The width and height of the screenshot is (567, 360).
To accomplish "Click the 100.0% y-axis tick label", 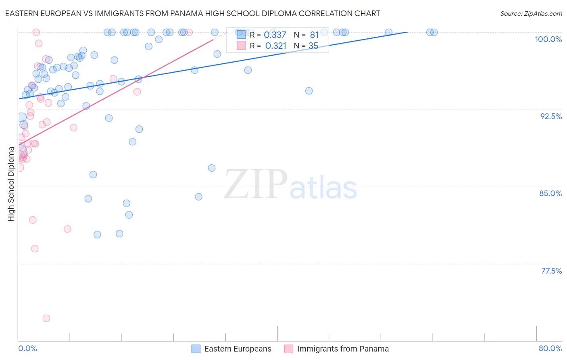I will (548, 39).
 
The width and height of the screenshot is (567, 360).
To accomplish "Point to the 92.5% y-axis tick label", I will (551, 116).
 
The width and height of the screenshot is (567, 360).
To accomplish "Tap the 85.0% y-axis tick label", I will (550, 193).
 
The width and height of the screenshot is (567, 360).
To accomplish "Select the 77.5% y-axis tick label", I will (551, 271).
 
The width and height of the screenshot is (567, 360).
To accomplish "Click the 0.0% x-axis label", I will (27, 348).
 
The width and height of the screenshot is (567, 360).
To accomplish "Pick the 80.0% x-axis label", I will (550, 348).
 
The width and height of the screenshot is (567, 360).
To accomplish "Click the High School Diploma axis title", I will (11, 184).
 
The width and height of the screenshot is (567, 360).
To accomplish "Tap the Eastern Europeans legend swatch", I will (196, 349).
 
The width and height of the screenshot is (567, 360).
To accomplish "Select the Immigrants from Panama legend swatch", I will (289, 349).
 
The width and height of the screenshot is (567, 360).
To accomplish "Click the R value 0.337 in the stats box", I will (275, 35).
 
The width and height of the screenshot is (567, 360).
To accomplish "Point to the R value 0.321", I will (275, 46).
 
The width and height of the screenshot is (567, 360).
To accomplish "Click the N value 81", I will (314, 35).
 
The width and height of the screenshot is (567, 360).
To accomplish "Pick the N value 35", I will (313, 46).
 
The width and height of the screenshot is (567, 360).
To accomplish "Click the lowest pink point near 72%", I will (46, 318).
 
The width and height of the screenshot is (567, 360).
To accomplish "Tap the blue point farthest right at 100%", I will (434, 32).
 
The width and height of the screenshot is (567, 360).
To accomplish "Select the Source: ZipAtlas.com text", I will (531, 14).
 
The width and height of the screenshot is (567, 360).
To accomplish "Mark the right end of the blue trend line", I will (407, 32).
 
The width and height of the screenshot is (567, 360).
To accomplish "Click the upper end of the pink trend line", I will (213, 40).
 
